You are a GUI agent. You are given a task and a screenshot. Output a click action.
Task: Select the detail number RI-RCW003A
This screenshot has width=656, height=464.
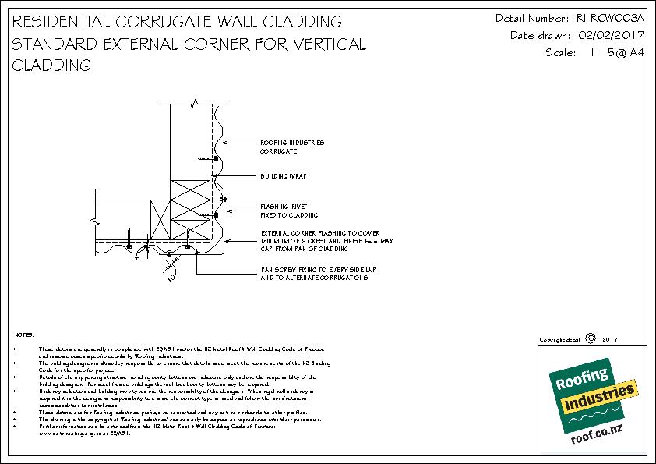click(x=608, y=17)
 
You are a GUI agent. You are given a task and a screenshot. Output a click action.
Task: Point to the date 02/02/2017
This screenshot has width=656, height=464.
click(x=607, y=35)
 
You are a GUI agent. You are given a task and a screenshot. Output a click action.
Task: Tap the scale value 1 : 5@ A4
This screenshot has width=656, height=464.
click(x=605, y=53)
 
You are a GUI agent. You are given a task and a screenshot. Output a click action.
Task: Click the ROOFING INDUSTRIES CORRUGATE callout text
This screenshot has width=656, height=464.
click(x=292, y=147)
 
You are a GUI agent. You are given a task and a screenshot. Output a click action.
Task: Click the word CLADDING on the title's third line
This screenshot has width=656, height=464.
click(x=52, y=66)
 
